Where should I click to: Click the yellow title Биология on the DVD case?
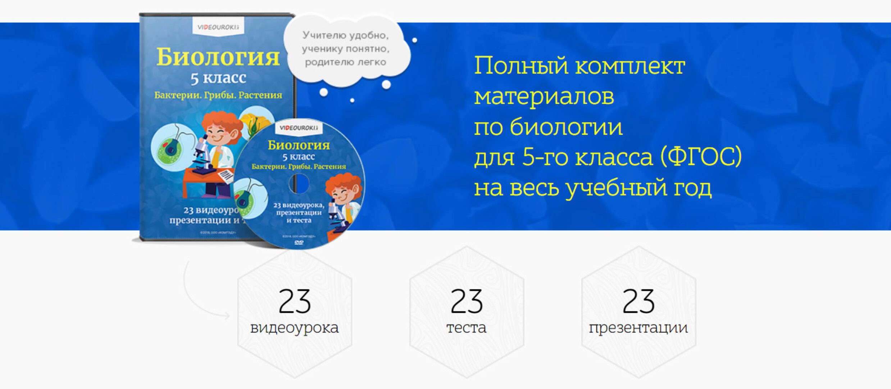[x=218, y=57]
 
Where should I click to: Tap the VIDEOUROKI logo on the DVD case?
[x=218, y=27]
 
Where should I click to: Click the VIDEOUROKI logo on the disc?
[x=299, y=128]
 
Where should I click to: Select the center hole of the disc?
[x=299, y=184]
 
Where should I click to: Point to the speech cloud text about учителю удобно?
[x=345, y=49]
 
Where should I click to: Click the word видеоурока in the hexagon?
[x=295, y=328]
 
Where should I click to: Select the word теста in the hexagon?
[x=467, y=328]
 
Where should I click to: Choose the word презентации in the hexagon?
[x=638, y=328]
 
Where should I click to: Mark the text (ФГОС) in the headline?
[x=701, y=157]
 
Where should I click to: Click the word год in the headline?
[x=692, y=188]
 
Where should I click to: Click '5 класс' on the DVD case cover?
[x=218, y=78]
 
